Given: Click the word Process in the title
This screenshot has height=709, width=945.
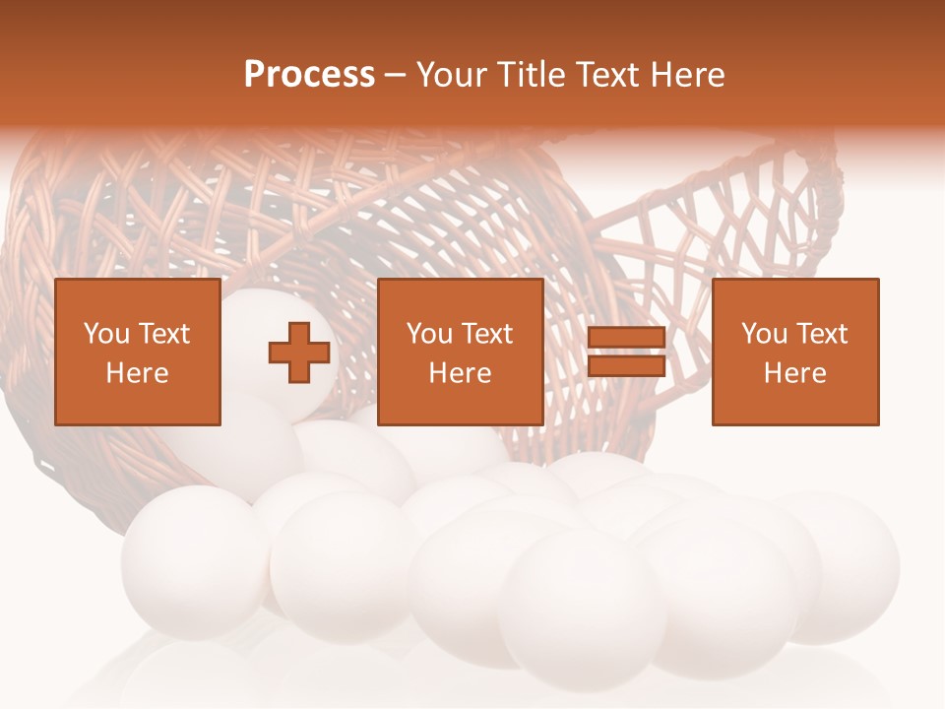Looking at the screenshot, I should pos(309,75).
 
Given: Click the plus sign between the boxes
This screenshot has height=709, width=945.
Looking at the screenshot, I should pos(299,353).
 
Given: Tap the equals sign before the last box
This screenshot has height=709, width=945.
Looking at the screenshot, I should pos(626,353).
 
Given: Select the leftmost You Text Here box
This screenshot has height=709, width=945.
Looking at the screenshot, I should pos(138,353).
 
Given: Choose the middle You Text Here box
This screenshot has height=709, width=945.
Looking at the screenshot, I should pos(461,353).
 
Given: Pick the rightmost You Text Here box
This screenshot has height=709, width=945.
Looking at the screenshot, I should pos(795,353).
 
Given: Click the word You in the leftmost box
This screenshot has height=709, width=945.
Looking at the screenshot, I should pos(106,334).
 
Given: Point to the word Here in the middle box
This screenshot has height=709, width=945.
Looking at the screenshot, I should pos(461,373).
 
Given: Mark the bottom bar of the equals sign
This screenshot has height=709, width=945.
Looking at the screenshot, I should pos(626,366).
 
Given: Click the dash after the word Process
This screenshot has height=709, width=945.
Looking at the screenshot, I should pos(396,75).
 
